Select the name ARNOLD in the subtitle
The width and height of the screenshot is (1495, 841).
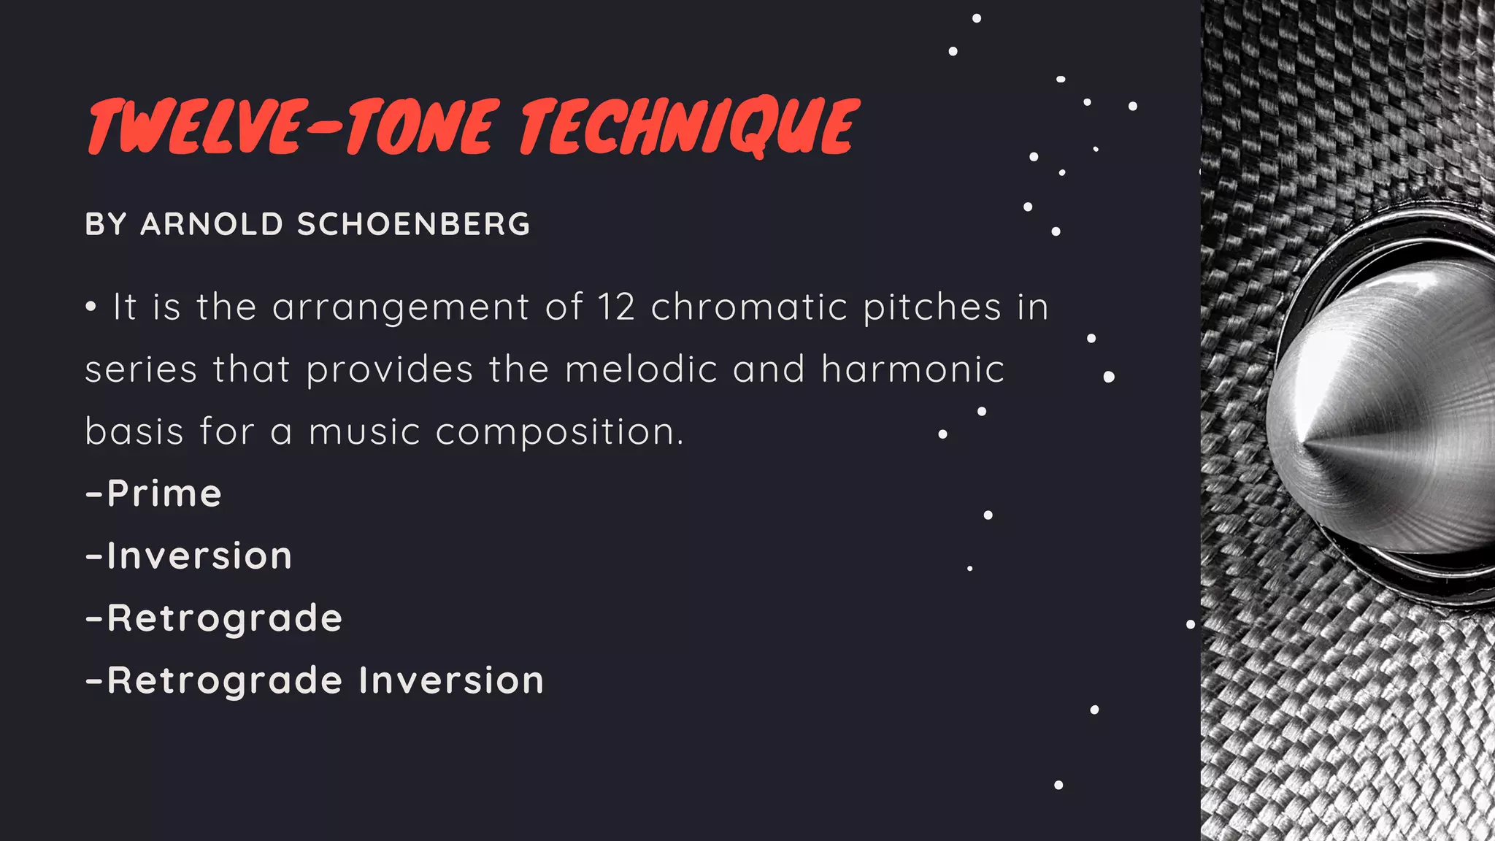212,224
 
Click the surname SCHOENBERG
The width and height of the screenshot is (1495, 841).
413,224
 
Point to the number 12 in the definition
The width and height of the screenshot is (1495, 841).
616,307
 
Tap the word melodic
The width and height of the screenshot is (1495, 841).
642,369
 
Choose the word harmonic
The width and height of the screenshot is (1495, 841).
912,369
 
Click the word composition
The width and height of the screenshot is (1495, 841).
559,432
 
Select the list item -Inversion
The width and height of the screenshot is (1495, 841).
189,556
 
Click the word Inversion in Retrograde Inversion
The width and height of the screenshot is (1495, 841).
451,680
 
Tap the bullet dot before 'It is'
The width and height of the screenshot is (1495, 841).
91,307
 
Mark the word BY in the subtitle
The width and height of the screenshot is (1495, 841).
106,224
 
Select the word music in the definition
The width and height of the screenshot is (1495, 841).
364,431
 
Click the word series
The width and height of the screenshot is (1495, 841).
141,369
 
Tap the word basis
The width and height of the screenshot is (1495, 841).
134,431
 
